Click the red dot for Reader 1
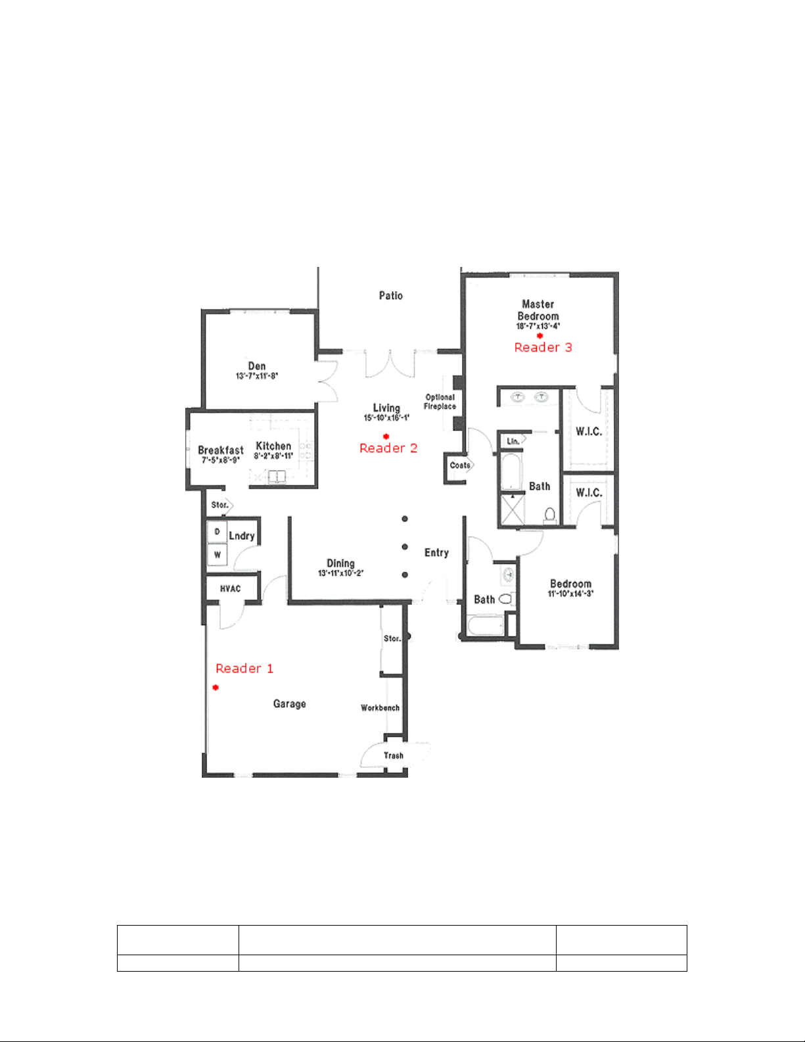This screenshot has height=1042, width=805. (x=216, y=687)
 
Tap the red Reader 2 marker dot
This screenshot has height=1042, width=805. (x=386, y=437)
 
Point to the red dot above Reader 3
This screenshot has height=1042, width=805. (x=540, y=336)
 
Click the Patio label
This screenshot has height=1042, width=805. (x=390, y=295)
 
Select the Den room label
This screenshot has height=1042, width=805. (x=257, y=366)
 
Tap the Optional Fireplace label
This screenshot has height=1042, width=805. (x=440, y=402)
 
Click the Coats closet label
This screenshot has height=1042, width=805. (x=460, y=465)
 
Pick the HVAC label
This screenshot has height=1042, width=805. (x=230, y=588)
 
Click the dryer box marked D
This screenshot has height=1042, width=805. (x=217, y=532)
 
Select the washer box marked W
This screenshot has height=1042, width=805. (x=217, y=554)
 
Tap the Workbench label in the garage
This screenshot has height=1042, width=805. (x=380, y=708)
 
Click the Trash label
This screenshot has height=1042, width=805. (x=394, y=756)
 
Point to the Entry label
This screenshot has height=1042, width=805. (x=436, y=553)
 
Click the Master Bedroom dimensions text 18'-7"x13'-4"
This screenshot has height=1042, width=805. (x=538, y=326)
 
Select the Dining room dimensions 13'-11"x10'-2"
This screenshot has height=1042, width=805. (x=340, y=573)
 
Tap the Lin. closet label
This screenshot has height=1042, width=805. (x=513, y=441)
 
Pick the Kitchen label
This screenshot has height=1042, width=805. (x=273, y=446)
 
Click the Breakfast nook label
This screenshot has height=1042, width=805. (x=220, y=450)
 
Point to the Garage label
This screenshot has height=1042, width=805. (x=289, y=703)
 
